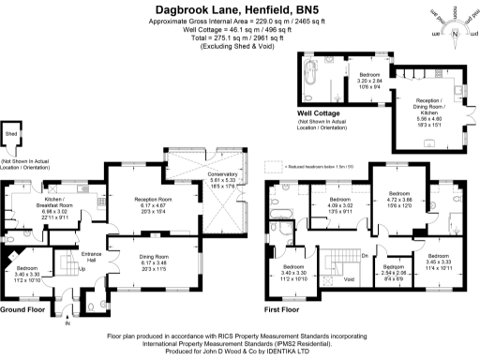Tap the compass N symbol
(455, 34)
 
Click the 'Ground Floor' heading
(22, 308)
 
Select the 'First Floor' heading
(284, 308)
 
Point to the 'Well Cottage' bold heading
(319, 113)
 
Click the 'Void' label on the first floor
(350, 278)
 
